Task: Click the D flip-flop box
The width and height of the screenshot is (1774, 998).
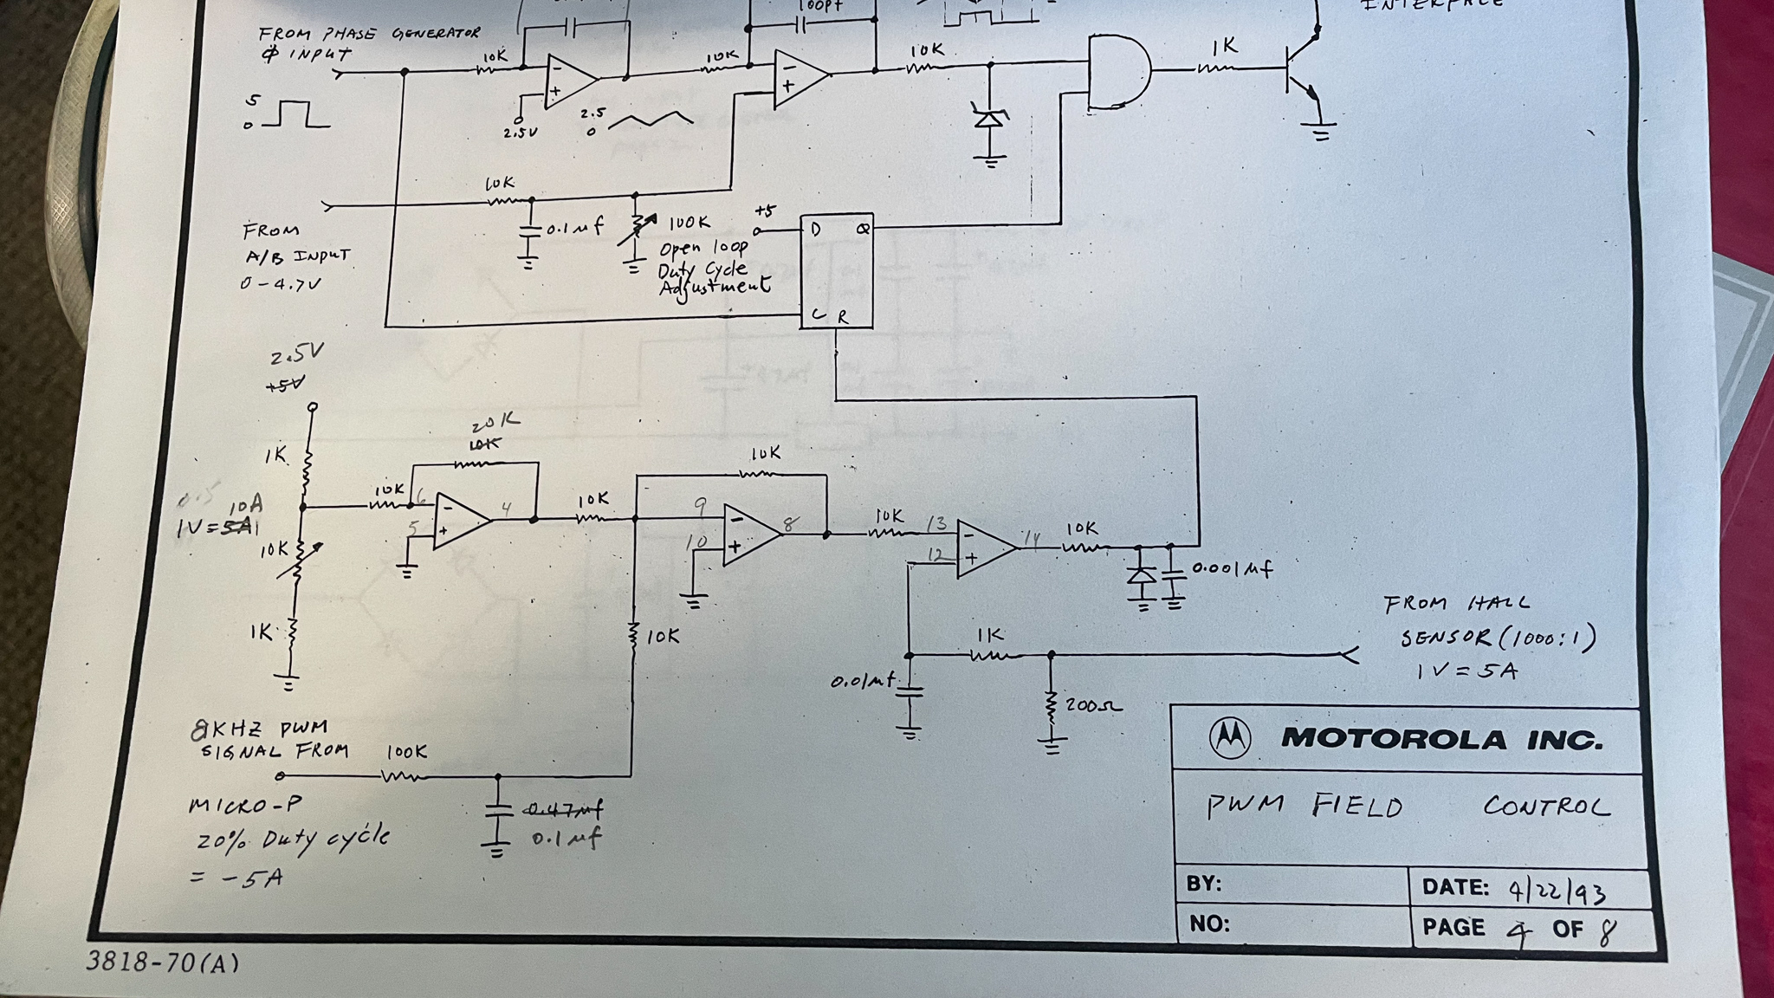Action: (837, 271)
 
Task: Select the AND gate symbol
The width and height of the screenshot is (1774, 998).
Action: (1118, 73)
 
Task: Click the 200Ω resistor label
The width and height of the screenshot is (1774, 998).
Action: (1093, 705)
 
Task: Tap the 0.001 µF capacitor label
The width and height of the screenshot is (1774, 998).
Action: (1232, 569)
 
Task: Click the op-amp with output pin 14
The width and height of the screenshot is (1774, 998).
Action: (986, 549)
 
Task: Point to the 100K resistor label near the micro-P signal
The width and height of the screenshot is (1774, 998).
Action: (405, 751)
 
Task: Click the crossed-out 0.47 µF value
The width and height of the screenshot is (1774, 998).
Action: (564, 809)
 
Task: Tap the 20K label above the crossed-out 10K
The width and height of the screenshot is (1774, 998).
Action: (495, 424)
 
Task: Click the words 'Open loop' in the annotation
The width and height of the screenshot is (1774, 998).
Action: (703, 249)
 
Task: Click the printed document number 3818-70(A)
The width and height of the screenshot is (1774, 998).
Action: (162, 962)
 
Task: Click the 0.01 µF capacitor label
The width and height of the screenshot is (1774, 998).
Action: (863, 682)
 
